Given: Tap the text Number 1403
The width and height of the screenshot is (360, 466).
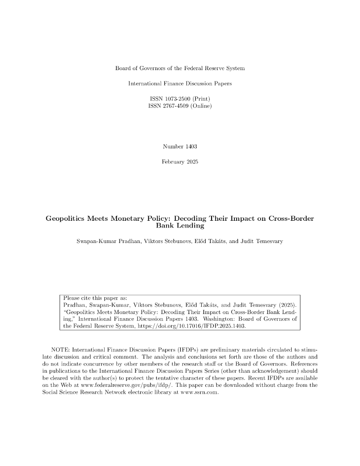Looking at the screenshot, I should click(180, 146).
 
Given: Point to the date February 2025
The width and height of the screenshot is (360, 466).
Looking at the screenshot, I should click(180, 162).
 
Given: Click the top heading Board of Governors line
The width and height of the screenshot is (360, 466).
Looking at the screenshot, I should click(180, 68).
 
